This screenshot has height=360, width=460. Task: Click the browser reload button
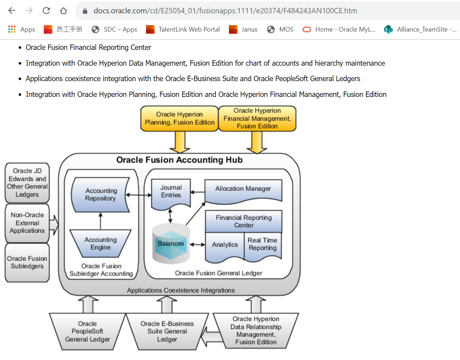pos(46,11)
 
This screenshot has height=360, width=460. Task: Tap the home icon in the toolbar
pos(64,11)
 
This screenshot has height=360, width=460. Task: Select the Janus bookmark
pos(243,29)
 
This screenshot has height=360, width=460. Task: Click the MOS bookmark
pos(280,29)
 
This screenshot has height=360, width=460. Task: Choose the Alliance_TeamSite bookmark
pos(420,29)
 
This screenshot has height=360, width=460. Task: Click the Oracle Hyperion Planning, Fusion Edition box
pos(179,118)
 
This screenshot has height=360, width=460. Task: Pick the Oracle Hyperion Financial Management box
pos(257,118)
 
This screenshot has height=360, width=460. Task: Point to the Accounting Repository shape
pos(101,195)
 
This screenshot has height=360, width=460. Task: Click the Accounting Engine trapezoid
pos(100,243)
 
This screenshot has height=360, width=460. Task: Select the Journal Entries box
pos(171,192)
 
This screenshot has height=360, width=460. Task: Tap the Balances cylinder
pos(171,244)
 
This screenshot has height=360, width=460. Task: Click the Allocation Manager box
pos(243,190)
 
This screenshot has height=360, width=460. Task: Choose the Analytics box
pos(225,245)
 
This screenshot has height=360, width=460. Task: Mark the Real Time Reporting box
pos(263,244)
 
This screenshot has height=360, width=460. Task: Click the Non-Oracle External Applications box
pos(27,223)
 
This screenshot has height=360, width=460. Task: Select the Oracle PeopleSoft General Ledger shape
pos(87,331)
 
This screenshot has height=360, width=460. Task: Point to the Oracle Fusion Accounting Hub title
pos(179,160)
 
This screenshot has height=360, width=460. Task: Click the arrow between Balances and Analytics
pos(197,244)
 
